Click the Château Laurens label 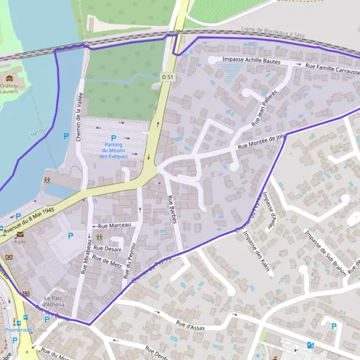pyautogui.click(x=9, y=89)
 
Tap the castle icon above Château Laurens pyautogui.click(x=9, y=78)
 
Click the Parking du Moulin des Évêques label pyautogui.click(x=113, y=150)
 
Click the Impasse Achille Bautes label pyautogui.click(x=251, y=60)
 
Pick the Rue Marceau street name pyautogui.click(x=114, y=226)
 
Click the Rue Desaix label pyautogui.click(x=107, y=248)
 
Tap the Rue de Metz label pyautogui.click(x=107, y=261)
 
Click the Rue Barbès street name pyautogui.click(x=172, y=210)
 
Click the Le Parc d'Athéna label pyautogui.click(x=54, y=301)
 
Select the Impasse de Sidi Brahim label pyautogui.click(x=325, y=251)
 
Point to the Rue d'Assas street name pyautogui.click(x=191, y=326)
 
